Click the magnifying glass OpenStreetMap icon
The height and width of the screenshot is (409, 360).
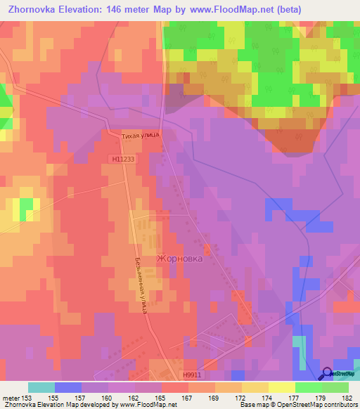(x=326, y=375)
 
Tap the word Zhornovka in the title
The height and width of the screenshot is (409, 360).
(x=34, y=10)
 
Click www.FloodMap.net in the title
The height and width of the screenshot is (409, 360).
(x=224, y=10)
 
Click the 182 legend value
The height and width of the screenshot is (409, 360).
(x=344, y=397)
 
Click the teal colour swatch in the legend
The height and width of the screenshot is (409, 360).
(x=41, y=387)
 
